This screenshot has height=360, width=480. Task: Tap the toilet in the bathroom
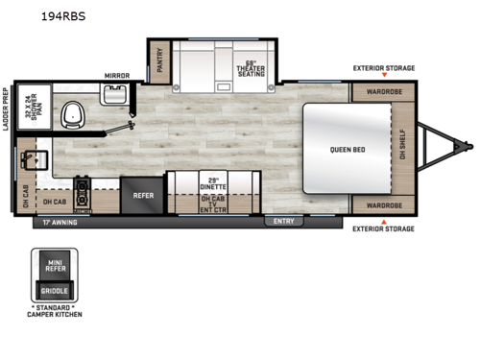[x=70, y=116]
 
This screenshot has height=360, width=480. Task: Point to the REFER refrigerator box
[x=142, y=194]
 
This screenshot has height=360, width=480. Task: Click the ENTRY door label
[x=283, y=221]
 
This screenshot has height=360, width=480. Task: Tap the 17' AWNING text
[x=61, y=222]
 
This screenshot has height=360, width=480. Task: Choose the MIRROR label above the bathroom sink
[x=117, y=74]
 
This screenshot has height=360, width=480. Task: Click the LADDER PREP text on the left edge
[x=7, y=109]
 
